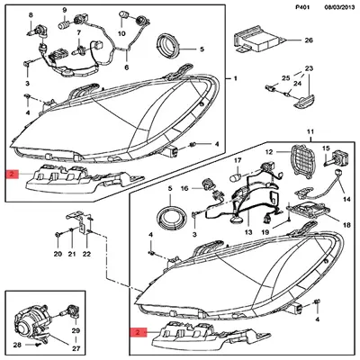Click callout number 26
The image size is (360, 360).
[x=307, y=41]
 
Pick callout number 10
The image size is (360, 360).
[x=121, y=32]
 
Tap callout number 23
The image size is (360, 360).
[x=308, y=68]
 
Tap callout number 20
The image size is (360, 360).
[x=57, y=255]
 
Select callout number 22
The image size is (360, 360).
[x=86, y=255]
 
